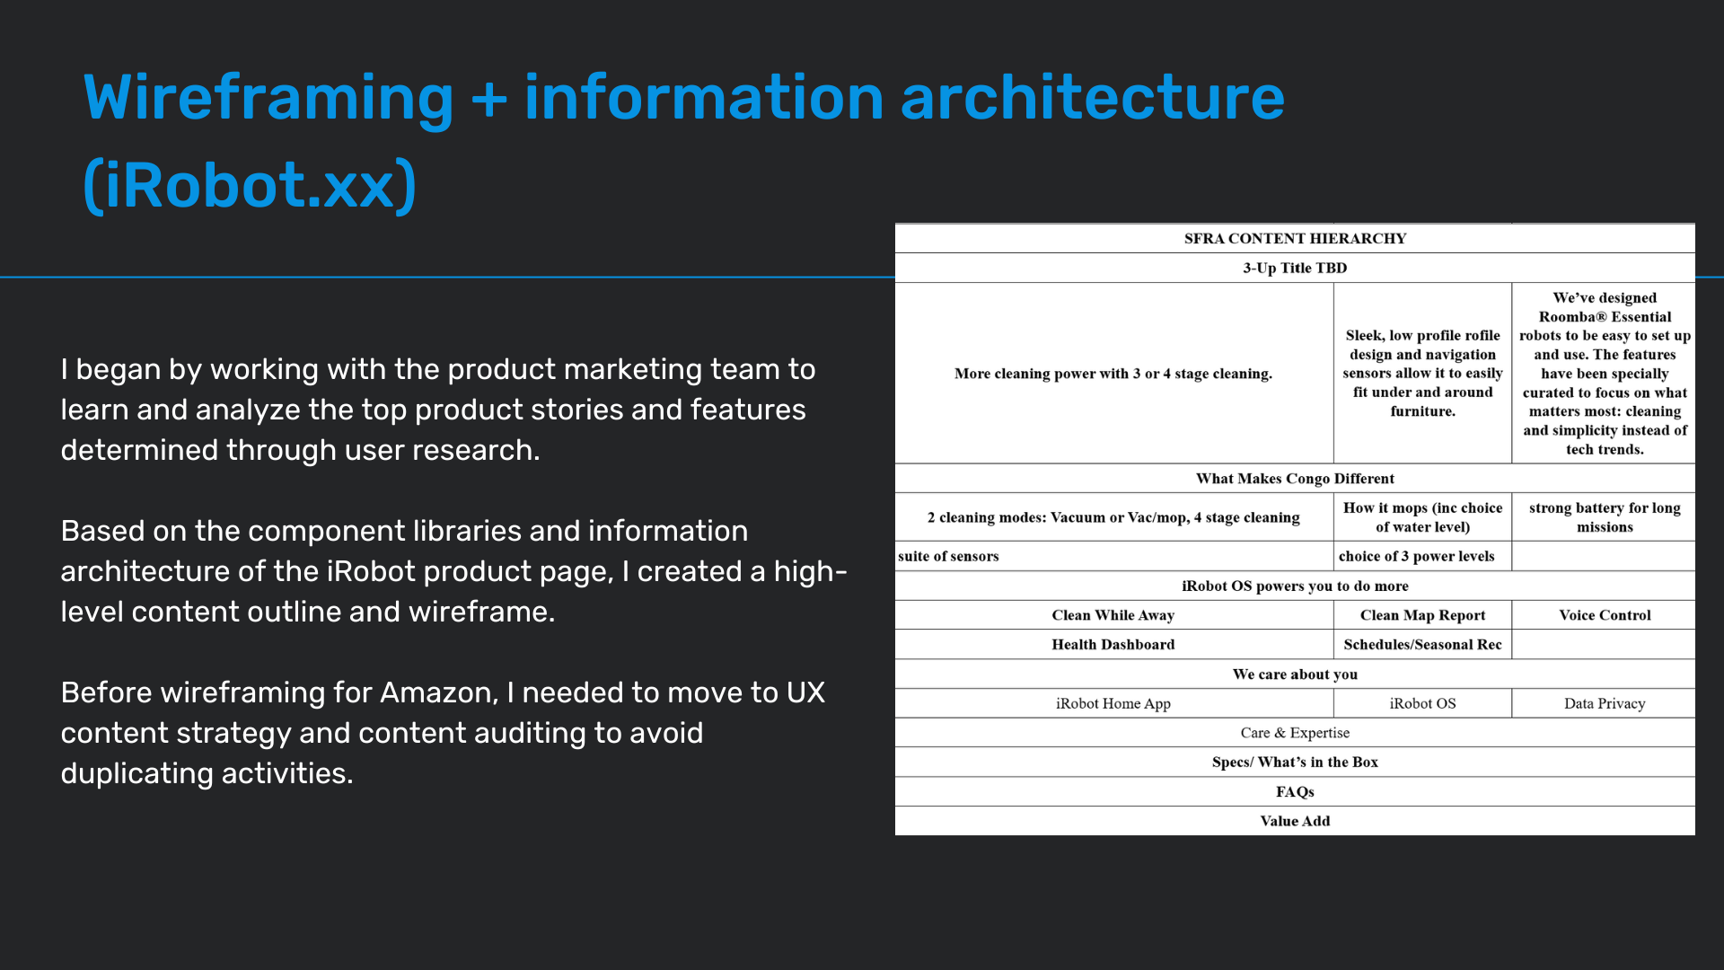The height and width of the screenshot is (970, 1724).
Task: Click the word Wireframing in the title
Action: click(x=268, y=99)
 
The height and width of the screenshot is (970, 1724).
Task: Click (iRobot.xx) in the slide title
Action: click(x=250, y=186)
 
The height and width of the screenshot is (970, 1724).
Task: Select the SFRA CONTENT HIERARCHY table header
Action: click(x=1295, y=238)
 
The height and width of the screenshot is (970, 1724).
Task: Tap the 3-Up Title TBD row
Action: click(x=1295, y=268)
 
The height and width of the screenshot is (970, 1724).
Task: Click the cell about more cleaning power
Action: click(x=1113, y=374)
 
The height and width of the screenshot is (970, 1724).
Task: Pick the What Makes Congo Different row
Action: click(x=1295, y=479)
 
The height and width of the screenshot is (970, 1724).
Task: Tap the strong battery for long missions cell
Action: click(x=1605, y=517)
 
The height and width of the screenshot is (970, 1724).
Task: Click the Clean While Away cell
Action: click(x=1113, y=615)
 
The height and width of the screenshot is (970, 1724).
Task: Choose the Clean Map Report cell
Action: click(x=1422, y=615)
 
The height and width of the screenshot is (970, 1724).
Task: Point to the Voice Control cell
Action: click(x=1605, y=615)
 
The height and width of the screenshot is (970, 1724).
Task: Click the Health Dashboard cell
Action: click(x=1113, y=645)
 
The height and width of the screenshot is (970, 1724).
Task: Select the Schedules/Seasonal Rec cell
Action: click(x=1422, y=645)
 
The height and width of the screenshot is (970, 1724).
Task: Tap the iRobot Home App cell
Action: click(x=1113, y=703)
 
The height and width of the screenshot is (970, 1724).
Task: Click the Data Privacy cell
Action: click(x=1605, y=703)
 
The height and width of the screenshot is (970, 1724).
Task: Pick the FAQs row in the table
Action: click(x=1295, y=791)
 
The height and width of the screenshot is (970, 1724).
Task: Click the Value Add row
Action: click(x=1295, y=821)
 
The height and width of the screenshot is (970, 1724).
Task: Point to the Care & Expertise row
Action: click(x=1295, y=733)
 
